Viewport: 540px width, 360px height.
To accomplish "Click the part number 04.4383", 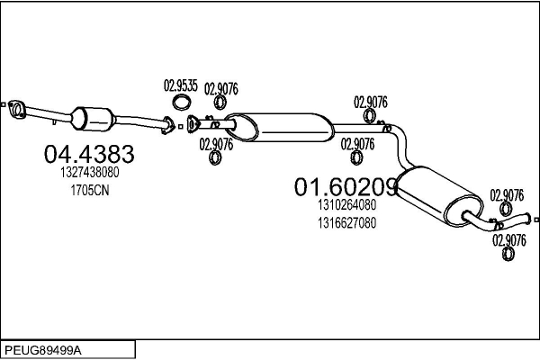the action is tap(89, 154).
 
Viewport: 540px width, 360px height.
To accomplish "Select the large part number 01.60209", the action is tap(346, 187).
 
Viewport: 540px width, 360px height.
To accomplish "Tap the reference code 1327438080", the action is tap(90, 172).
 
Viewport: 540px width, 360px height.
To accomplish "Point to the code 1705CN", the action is tap(90, 190).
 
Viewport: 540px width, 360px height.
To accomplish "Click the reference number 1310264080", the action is tap(346, 205).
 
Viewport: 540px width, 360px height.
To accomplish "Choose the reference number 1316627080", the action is tap(346, 223).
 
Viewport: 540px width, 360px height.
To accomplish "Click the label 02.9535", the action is tap(181, 85).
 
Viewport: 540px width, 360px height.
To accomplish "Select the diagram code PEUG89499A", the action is tap(43, 350).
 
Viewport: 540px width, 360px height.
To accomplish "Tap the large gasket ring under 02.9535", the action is tap(182, 103).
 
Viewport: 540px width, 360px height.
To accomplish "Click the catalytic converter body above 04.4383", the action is tap(93, 119).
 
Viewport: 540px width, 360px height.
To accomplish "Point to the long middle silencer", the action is tap(280, 128).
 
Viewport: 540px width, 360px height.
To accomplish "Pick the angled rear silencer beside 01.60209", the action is tap(439, 196).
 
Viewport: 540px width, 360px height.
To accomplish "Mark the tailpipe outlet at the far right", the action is tap(528, 219).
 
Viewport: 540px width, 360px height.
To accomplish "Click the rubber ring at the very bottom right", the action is tap(508, 254).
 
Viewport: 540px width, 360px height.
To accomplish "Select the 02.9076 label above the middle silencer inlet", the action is tap(221, 89).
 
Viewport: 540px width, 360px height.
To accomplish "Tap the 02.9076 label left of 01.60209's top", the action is tap(357, 144).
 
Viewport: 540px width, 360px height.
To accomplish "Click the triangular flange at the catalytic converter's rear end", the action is tap(167, 125).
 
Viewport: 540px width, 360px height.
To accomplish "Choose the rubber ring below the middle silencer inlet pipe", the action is tap(215, 157).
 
